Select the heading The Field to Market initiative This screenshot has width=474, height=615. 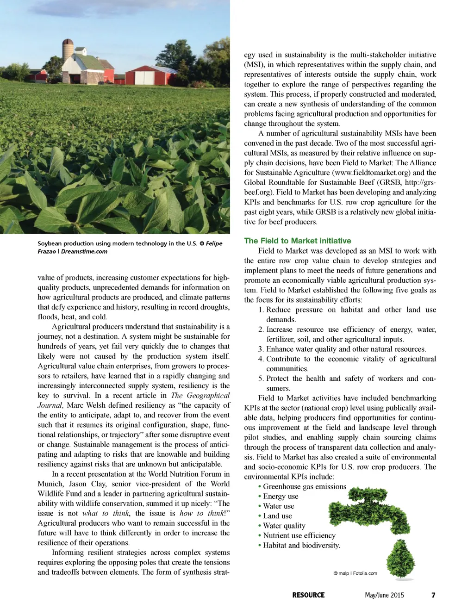coord(297,241)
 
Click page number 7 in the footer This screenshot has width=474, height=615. coord(433,595)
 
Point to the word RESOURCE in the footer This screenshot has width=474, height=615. coord(308,595)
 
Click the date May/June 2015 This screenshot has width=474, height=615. coord(384,595)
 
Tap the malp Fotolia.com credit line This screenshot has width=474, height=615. coord(355,573)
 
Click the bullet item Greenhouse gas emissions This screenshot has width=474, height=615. coord(304,486)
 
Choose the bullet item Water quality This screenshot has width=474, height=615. coord(284,526)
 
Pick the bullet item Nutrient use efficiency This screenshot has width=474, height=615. coord(299,535)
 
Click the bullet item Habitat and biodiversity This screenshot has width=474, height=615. coord(301,545)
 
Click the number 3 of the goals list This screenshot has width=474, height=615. coord(261,349)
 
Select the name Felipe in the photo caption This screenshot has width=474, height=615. coord(214,243)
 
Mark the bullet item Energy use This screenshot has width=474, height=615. coord(281,496)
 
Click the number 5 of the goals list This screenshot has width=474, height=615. coord(261,379)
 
